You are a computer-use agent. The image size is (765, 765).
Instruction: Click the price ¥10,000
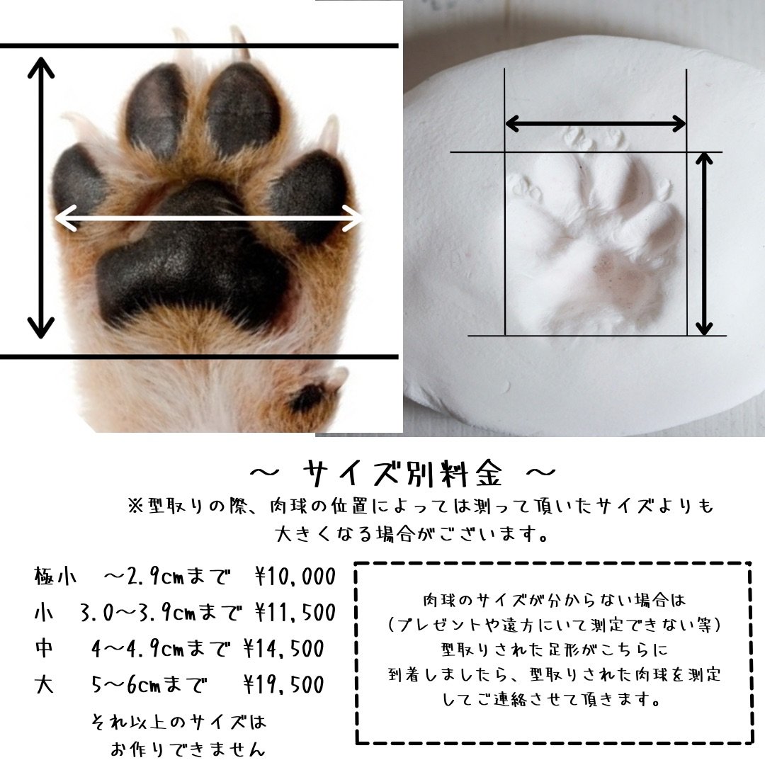(x=295, y=577)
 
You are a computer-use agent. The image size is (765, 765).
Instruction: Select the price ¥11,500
(x=295, y=613)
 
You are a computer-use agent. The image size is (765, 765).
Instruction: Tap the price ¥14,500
(x=283, y=649)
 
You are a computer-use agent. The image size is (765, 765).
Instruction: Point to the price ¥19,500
(x=283, y=685)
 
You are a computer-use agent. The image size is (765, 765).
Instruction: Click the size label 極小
(x=55, y=576)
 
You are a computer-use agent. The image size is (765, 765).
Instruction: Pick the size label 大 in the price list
(x=44, y=685)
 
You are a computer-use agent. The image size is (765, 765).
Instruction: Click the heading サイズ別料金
(x=402, y=473)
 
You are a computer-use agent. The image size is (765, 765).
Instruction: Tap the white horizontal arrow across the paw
(x=209, y=218)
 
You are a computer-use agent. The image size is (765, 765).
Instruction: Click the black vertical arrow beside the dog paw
(x=40, y=198)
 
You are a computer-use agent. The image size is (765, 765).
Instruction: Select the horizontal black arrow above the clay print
(x=595, y=123)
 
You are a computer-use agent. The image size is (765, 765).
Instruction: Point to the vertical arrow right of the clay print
(x=703, y=244)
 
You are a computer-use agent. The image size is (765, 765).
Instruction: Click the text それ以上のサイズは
(x=178, y=722)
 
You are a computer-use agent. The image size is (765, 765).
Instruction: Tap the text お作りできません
(x=188, y=749)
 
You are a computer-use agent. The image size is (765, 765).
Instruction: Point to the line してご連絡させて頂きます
(x=552, y=700)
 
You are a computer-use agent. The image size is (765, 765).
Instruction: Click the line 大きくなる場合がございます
(x=412, y=534)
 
